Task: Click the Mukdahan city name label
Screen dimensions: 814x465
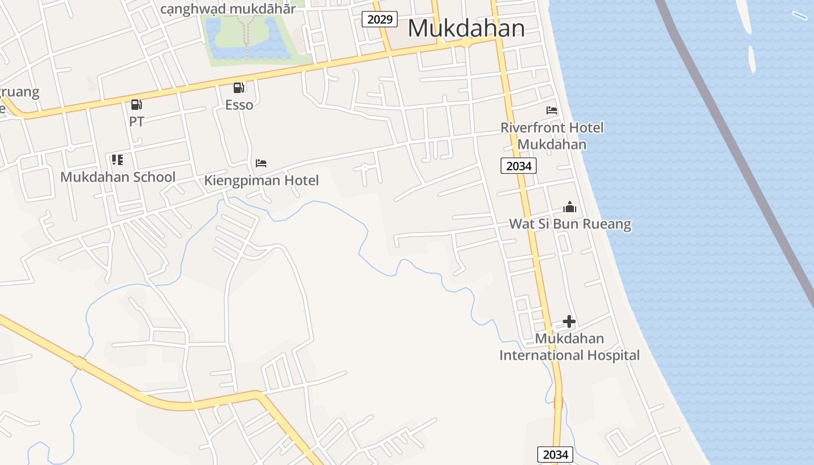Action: (x=466, y=28)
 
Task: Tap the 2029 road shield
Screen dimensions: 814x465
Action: (x=380, y=20)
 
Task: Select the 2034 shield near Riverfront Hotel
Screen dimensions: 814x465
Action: (x=518, y=166)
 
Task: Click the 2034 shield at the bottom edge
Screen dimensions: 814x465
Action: (x=555, y=455)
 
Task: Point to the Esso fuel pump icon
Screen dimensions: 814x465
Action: (x=238, y=88)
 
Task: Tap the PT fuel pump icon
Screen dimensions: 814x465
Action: (x=136, y=105)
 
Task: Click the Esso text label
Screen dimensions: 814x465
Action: (x=239, y=105)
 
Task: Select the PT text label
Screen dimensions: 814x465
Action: (x=137, y=121)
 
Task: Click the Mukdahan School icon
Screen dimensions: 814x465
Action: (x=117, y=159)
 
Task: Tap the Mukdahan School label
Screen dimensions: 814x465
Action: (x=118, y=177)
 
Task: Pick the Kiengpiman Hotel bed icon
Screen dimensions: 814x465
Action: (x=261, y=163)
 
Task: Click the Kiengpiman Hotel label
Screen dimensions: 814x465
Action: (x=261, y=181)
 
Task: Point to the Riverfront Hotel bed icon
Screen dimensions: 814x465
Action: (x=552, y=110)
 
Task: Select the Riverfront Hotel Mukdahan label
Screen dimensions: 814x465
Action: (x=552, y=135)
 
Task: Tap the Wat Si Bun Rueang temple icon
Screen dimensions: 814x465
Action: (x=570, y=207)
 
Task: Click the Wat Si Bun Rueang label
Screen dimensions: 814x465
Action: (x=570, y=224)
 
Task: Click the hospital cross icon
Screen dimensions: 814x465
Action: (x=569, y=321)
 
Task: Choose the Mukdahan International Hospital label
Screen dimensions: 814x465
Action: (x=569, y=346)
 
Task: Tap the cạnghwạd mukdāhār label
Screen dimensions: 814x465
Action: (x=227, y=9)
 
